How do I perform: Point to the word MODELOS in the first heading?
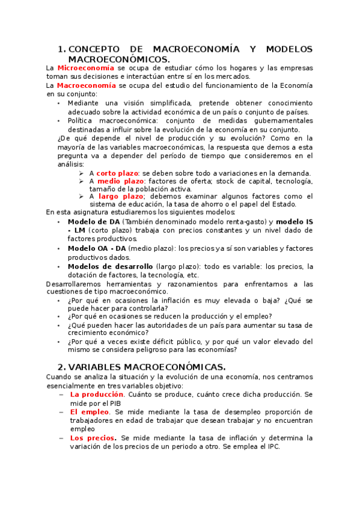[289, 49]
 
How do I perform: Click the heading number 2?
[61, 366]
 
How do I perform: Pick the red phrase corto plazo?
[120, 173]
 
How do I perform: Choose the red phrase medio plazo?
[120, 180]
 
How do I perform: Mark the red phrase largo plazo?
[120, 196]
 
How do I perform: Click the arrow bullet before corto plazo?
[82, 173]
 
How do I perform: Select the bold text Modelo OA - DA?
[97, 248]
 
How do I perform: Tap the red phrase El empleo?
[89, 412]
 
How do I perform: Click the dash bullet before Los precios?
[62, 438]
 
